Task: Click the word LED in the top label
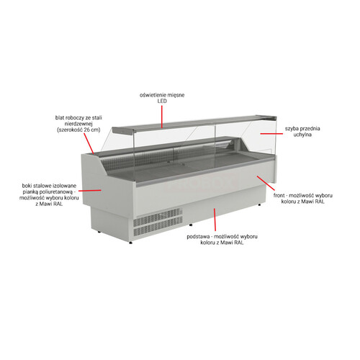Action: (162, 101)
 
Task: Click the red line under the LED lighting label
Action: (162, 117)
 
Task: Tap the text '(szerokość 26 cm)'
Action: (78, 130)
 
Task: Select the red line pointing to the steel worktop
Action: (89, 143)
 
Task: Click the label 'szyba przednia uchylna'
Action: (302, 132)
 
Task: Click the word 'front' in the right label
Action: (279, 196)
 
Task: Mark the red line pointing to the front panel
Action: (266, 183)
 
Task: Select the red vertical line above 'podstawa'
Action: (215, 220)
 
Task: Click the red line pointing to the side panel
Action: (90, 191)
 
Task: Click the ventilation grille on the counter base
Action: (158, 222)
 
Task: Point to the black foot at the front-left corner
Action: (130, 243)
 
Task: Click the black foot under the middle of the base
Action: (191, 225)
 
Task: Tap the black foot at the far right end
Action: (259, 204)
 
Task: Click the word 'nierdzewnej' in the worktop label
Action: (78, 124)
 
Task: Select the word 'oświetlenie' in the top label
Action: (150, 95)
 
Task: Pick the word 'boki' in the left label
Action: (27, 186)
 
